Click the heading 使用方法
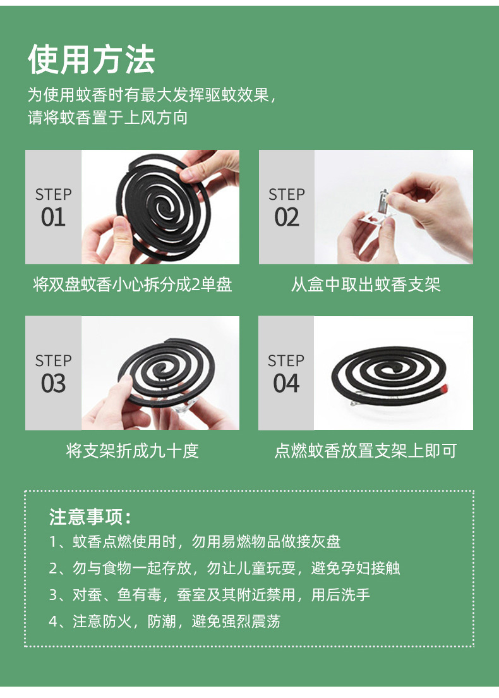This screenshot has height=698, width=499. coord(91,60)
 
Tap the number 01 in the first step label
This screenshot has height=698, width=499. coord(53,218)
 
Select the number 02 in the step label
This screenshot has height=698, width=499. coord(286,218)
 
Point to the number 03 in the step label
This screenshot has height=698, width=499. coord(53,384)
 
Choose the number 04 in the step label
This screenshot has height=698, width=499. coord(286,384)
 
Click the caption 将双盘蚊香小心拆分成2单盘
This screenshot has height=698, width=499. coord(132,285)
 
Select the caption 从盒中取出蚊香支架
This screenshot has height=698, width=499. coord(365,285)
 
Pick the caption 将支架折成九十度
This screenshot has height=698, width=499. coord(132,451)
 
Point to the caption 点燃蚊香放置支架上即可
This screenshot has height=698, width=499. coord(365,451)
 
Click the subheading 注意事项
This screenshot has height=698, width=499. coord(90,517)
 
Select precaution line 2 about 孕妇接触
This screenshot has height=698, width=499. coord(224,568)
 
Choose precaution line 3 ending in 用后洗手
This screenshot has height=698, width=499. coord(209,595)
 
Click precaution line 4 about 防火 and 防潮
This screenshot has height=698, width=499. coord(164,621)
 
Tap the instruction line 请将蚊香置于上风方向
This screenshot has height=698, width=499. coord(107,118)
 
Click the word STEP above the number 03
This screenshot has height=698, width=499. coord(53,361)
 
